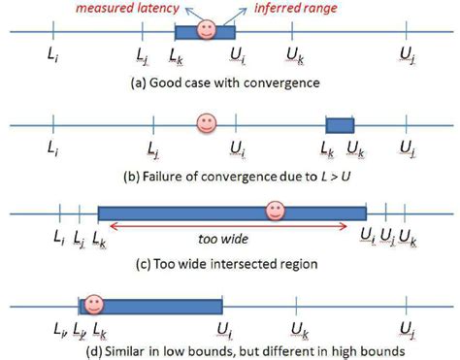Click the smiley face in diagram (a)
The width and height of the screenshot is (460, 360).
tap(205, 30)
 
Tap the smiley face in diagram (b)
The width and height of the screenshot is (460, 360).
tap(205, 123)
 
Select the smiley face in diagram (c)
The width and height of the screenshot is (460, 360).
tap(276, 211)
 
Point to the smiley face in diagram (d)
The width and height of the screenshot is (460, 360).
tap(93, 305)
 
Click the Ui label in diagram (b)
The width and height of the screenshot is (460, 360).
tap(237, 148)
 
